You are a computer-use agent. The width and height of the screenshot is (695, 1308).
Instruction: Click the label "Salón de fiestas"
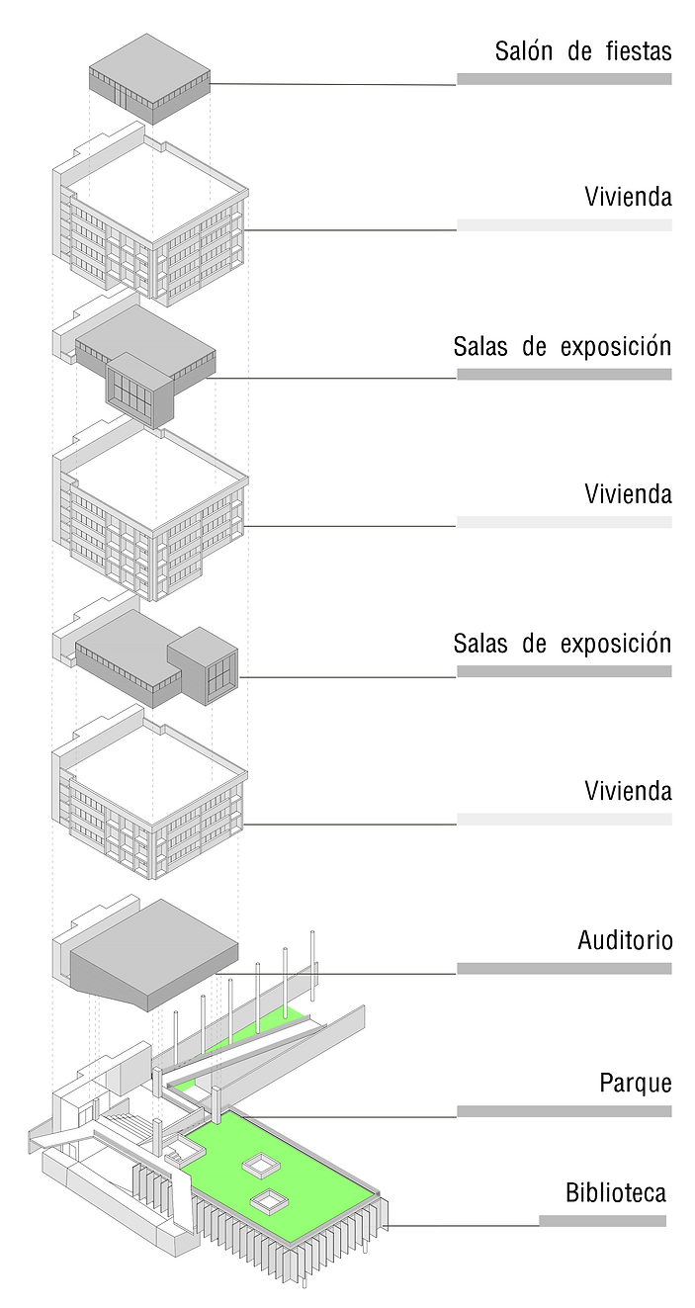[x=582, y=51]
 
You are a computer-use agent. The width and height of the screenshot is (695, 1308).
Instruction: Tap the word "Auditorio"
[x=625, y=940]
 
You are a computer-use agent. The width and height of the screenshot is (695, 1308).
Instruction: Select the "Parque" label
[x=635, y=1083]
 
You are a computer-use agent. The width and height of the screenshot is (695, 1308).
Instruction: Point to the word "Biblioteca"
[x=615, y=1192]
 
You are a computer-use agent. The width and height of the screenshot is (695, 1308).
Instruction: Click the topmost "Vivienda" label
[x=628, y=197]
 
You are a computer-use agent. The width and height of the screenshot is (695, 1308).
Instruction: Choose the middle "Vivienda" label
[x=628, y=493]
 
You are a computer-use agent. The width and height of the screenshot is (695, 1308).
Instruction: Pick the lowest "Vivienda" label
[x=628, y=791]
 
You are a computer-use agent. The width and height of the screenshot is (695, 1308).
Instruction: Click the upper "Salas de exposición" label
[x=562, y=347]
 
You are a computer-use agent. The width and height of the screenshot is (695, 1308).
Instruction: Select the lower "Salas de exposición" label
[x=562, y=644]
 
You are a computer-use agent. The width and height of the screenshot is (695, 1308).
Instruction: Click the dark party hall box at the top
[x=149, y=77]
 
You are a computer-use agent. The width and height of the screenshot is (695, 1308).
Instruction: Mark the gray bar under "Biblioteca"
[x=602, y=1220]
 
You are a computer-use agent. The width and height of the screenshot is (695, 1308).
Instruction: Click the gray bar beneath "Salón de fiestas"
[x=564, y=79]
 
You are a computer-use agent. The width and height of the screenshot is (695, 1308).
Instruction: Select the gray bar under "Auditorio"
[x=564, y=968]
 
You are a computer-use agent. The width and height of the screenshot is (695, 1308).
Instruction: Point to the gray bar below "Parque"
[x=564, y=1111]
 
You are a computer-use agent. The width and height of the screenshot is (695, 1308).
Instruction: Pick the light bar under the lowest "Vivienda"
[x=564, y=819]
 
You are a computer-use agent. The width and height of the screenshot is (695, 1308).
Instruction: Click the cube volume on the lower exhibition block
[x=203, y=664]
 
